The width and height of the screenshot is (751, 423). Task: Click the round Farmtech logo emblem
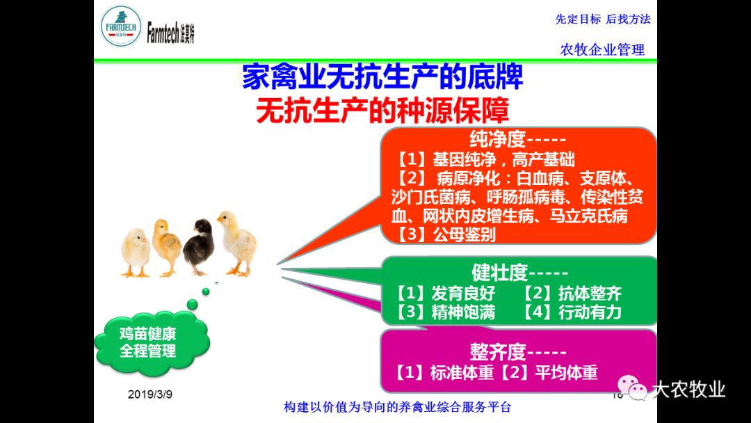click(121, 26)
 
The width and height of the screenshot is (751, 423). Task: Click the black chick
click(197, 246)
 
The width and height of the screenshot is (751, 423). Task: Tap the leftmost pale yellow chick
click(135, 253)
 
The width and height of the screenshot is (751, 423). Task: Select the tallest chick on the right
click(237, 243)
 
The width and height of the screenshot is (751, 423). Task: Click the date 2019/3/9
click(150, 394)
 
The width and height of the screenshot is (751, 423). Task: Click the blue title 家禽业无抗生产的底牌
click(382, 78)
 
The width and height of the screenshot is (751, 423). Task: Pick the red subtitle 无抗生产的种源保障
click(382, 111)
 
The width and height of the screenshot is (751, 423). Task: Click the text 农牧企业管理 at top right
click(602, 49)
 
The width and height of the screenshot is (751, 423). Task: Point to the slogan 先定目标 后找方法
click(603, 19)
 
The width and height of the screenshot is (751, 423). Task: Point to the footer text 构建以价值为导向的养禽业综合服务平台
click(398, 407)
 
